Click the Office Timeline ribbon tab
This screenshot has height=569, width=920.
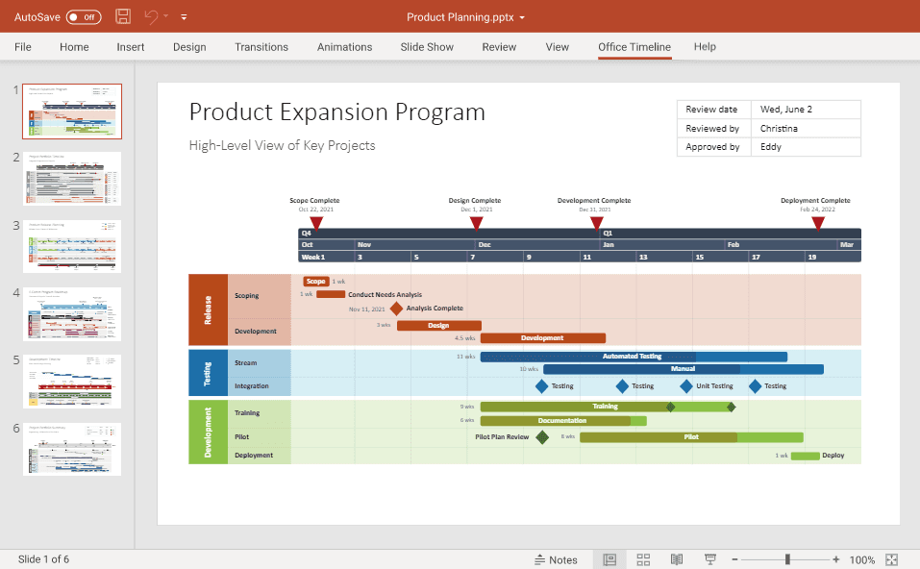tap(634, 47)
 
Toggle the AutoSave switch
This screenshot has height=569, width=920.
tap(84, 17)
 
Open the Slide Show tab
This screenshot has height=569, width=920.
tap(427, 47)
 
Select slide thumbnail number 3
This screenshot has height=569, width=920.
tap(72, 246)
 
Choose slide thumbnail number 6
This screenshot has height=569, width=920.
tap(72, 449)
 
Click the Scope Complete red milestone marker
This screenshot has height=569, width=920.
tap(316, 223)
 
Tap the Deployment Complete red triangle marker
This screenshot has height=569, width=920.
tap(817, 223)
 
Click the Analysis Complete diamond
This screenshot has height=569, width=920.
tap(396, 309)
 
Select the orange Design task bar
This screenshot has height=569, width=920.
tap(438, 325)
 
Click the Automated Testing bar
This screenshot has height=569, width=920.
tap(633, 357)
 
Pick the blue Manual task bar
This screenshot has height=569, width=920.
tap(683, 369)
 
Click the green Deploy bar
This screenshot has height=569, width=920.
tap(805, 456)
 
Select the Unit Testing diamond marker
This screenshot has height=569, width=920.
tap(686, 386)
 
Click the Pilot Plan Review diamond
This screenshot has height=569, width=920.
tap(542, 437)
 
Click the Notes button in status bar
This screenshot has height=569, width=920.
tap(556, 559)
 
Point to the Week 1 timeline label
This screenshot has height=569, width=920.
tap(313, 257)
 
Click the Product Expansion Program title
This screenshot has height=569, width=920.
tap(336, 112)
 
